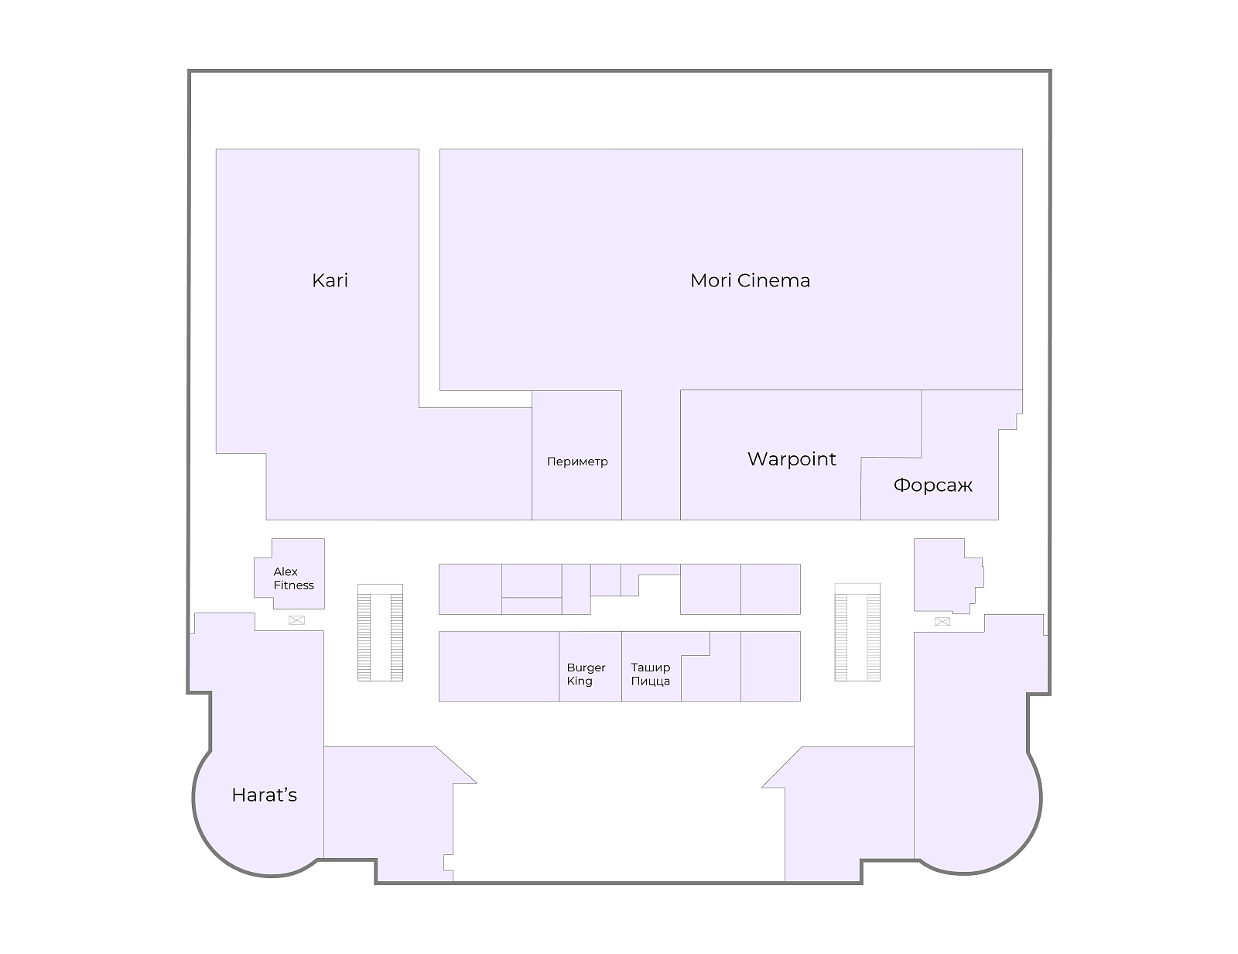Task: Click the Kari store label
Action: point(330,280)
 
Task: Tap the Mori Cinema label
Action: point(750,280)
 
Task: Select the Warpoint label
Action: point(792,459)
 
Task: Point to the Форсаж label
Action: point(932,486)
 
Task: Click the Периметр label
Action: point(577,462)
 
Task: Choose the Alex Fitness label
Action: point(293,578)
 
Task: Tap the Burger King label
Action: point(586,674)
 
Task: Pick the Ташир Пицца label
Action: point(650,674)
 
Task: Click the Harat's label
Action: point(265,795)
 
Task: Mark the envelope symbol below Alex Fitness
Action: point(296,620)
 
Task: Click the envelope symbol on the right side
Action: point(942,621)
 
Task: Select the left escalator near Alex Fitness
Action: point(380,633)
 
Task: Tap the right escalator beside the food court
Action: point(857,633)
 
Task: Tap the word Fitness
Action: point(293,585)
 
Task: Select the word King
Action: point(580,681)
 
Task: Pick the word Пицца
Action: point(650,681)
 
